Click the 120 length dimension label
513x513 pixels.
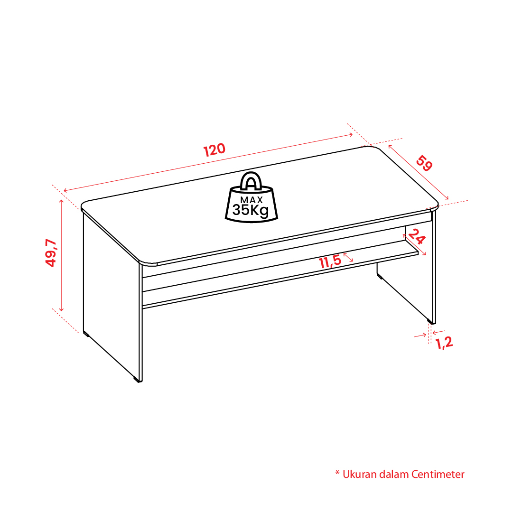(215, 150)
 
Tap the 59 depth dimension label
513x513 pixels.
(424, 164)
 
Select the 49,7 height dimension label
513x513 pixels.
(51, 253)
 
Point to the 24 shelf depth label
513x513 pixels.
(417, 236)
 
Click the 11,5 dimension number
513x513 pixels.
(330, 262)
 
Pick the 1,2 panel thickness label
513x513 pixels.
(444, 343)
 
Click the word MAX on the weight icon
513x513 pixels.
(252, 200)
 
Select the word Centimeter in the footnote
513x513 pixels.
(438, 474)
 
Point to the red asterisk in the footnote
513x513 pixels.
(337, 473)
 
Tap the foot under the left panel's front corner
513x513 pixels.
(136, 380)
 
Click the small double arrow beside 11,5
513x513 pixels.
(348, 257)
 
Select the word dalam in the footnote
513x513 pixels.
(394, 474)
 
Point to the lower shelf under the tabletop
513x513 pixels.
(280, 275)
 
